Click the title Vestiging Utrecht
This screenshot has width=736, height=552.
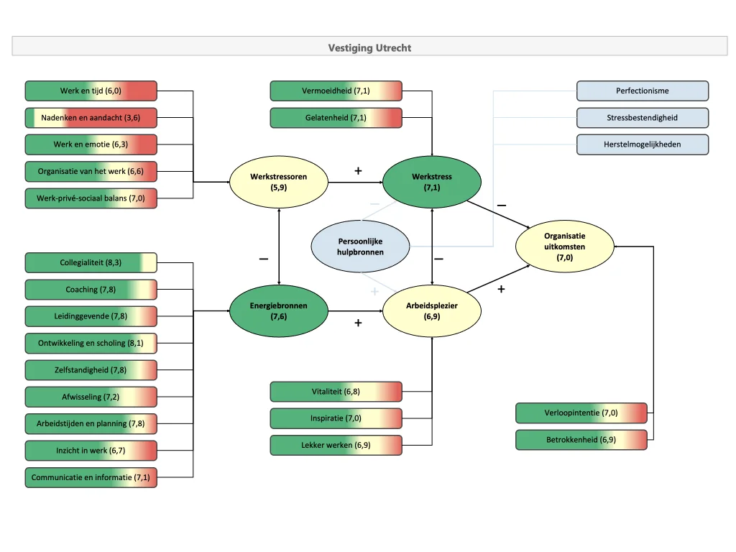click(x=369, y=48)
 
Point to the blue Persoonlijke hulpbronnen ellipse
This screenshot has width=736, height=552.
click(x=360, y=247)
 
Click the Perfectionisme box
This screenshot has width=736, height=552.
click(x=642, y=91)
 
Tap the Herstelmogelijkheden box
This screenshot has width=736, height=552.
click(x=642, y=144)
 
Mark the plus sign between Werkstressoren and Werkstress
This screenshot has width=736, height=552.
click(x=358, y=171)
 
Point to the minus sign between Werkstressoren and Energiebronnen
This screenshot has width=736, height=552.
click(x=264, y=258)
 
